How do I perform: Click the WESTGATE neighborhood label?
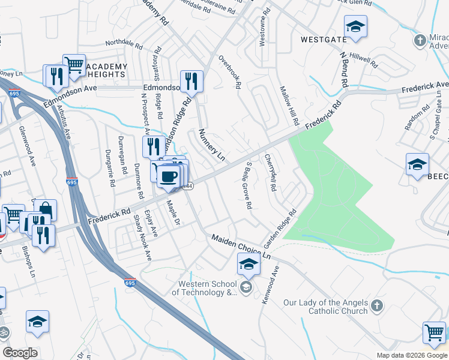coord(324,40)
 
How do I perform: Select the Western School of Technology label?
coord(204,289)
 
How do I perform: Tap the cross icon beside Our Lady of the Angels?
coord(376,306)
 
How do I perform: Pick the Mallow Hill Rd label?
coord(289,106)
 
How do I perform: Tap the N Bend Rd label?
coord(344,70)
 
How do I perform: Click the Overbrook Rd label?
coord(229,73)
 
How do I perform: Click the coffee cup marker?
coord(168,175)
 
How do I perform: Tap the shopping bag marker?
coord(45,210)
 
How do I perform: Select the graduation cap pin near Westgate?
coord(355,27)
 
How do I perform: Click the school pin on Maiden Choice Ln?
coord(249,263)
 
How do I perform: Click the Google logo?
coord(20,352)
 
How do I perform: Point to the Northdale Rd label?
coord(124,45)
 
